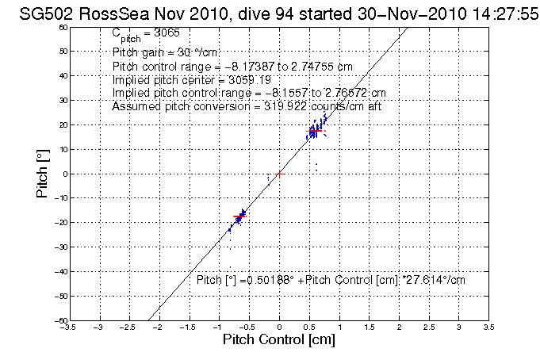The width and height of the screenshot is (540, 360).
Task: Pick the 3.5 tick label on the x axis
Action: point(488,327)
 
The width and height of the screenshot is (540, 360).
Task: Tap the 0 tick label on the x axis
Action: point(279,327)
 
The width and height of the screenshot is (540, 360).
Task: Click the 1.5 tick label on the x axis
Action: point(369,327)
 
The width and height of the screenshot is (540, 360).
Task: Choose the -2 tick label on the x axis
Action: point(159,327)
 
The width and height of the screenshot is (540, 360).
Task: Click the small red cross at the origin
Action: point(279,173)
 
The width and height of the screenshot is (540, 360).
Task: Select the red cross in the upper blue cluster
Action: point(315,130)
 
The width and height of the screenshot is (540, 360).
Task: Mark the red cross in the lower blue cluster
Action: point(239,216)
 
